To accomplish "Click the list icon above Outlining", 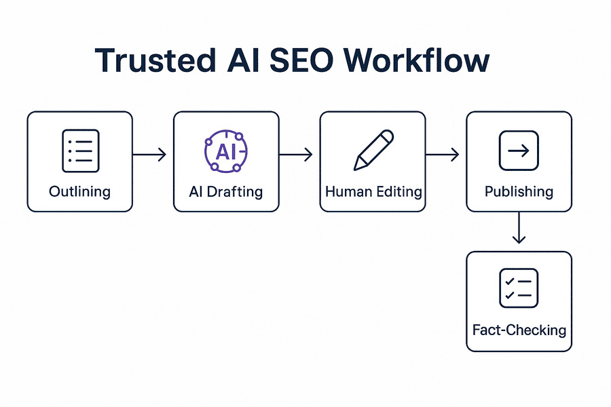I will [80, 151].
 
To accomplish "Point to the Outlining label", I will [80, 191].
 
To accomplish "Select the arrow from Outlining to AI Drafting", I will [149, 155].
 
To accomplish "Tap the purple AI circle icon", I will [225, 151].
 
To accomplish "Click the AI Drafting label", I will [226, 191].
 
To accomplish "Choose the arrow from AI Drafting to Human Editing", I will [296, 155].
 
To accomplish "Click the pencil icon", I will [373, 151].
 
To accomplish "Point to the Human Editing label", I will [373, 191].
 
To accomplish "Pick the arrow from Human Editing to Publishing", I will [443, 155].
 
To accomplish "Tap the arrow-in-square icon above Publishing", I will [519, 151].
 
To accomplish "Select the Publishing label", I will [519, 191].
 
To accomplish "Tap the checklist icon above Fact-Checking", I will [519, 288].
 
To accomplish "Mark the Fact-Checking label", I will [519, 330].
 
